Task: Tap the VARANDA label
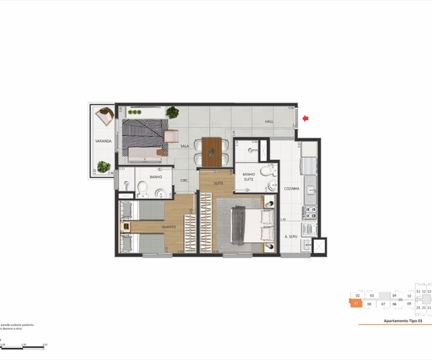pos(102,141)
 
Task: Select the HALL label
pos(269,122)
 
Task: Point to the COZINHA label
pos(292,187)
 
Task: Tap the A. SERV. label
pos(291,237)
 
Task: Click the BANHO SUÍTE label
pos(250,177)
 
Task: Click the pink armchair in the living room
pos(172,136)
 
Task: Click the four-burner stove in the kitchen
pos(311,213)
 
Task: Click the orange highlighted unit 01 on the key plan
pos(356,304)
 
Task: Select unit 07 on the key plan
pos(384,304)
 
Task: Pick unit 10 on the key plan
pos(409,296)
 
